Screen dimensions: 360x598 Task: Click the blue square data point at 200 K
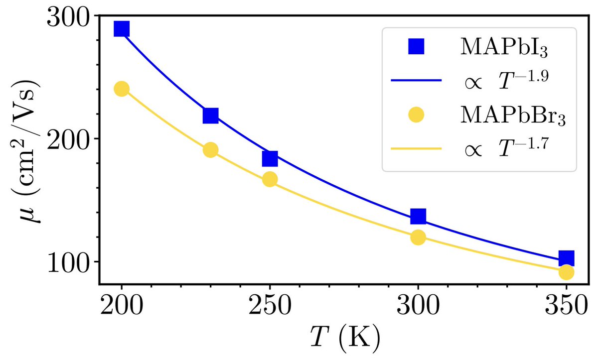click(122, 29)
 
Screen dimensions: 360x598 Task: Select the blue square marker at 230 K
click(211, 116)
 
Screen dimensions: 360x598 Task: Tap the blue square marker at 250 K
click(270, 158)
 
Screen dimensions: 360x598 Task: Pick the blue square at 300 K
click(418, 217)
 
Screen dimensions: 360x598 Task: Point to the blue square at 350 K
click(566, 258)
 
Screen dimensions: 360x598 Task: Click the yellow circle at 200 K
click(122, 89)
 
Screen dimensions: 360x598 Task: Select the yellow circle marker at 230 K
click(211, 150)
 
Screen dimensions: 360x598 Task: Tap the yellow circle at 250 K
click(270, 180)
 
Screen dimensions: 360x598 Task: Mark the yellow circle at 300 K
click(418, 238)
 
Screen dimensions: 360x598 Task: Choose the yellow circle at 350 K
click(566, 272)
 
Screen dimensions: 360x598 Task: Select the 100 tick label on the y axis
click(68, 262)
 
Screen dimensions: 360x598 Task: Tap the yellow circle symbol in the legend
click(416, 115)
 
